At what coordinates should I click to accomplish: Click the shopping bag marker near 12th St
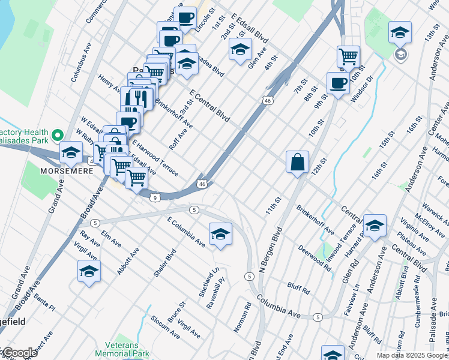(297, 162)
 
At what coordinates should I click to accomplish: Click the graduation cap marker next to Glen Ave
(240, 50)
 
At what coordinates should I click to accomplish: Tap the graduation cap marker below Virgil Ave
(89, 271)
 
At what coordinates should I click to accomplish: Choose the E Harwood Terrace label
(155, 158)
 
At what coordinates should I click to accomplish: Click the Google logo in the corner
(19, 353)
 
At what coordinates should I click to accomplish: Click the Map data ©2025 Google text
(412, 355)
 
